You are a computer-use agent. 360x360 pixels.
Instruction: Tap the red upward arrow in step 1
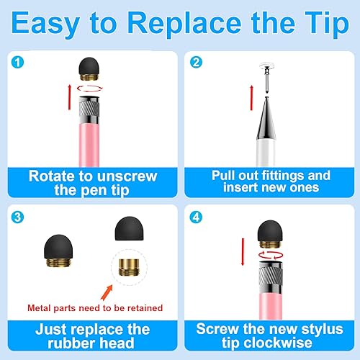point(70,95)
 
